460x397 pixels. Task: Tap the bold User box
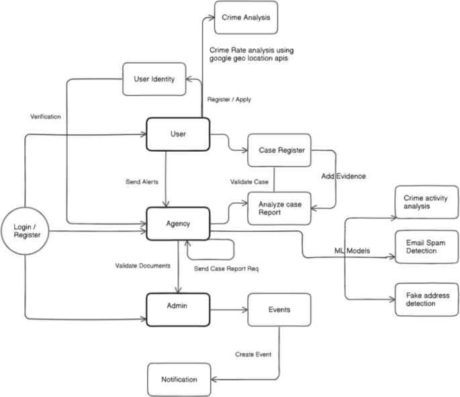click(x=178, y=134)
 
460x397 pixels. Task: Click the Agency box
click(x=178, y=223)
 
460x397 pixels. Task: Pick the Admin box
click(x=178, y=306)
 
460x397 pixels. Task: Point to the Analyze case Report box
click(x=279, y=208)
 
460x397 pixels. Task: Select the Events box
click(x=279, y=310)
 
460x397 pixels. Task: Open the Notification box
click(x=179, y=380)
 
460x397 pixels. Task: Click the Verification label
click(x=46, y=116)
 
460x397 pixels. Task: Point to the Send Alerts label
click(x=142, y=182)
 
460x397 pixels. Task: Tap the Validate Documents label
click(x=142, y=265)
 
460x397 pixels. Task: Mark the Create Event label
click(x=253, y=354)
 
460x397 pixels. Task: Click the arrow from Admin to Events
click(x=228, y=310)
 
